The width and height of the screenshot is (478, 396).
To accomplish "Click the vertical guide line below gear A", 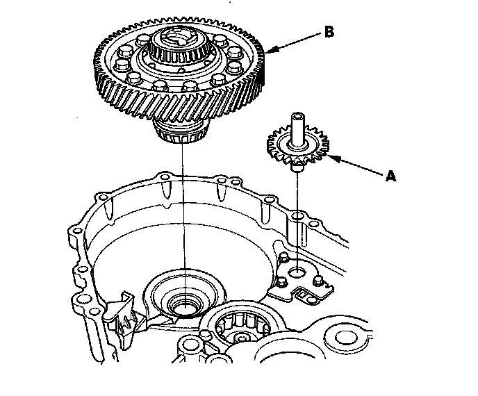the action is (x=297, y=215).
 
